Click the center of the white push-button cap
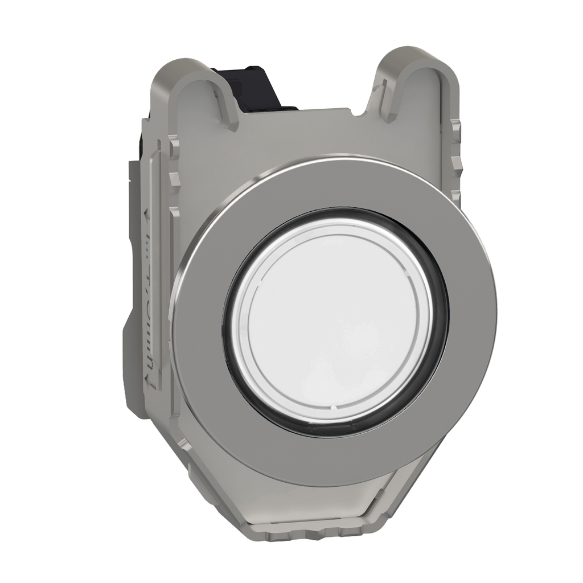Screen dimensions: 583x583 pyautogui.click(x=333, y=322)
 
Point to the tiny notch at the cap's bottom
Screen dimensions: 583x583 pyautogui.click(x=331, y=408)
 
